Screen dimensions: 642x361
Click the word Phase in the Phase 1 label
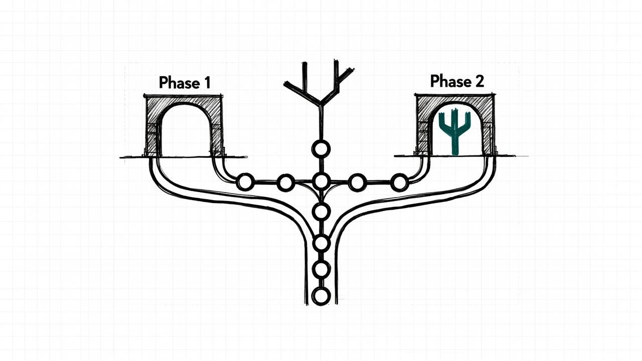coord(180,83)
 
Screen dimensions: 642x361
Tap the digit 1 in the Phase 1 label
coord(207,83)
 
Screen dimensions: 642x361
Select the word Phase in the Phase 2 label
coord(451,81)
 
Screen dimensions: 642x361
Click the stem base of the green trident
coord(455,152)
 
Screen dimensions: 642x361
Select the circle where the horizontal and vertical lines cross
coord(321,182)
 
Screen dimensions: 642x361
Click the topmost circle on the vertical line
coord(321,149)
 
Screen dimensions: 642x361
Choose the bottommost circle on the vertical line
coord(321,296)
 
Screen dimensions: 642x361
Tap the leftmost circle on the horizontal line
coord(245,182)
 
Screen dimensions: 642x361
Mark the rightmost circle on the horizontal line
coord(400,182)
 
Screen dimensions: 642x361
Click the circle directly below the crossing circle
coord(321,212)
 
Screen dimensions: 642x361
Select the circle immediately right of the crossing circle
coord(358,182)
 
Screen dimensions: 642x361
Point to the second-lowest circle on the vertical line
coord(321,269)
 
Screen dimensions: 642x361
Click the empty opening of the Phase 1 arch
coord(186,132)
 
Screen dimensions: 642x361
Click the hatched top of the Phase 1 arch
coord(184,100)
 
